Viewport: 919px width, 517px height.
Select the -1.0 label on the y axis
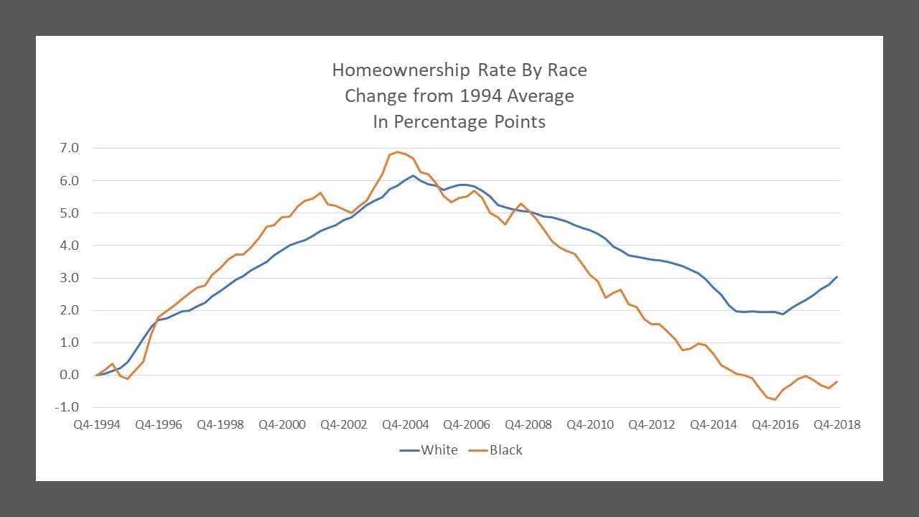pyautogui.click(x=67, y=407)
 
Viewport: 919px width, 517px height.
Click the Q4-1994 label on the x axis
pyautogui.click(x=97, y=424)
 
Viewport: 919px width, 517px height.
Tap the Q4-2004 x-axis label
pyautogui.click(x=405, y=424)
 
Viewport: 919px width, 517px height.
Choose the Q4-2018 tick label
pyautogui.click(x=836, y=424)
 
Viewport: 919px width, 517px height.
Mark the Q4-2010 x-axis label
pyautogui.click(x=590, y=424)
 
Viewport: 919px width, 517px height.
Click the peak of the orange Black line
pyautogui.click(x=398, y=152)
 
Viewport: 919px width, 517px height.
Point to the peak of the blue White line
pyautogui.click(x=413, y=175)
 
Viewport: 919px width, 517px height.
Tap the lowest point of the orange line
pyautogui.click(x=775, y=399)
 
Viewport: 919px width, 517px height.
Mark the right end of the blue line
pyautogui.click(x=837, y=276)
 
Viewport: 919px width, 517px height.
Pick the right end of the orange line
pyautogui.click(x=837, y=381)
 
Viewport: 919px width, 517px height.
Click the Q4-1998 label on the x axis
pyautogui.click(x=220, y=424)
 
